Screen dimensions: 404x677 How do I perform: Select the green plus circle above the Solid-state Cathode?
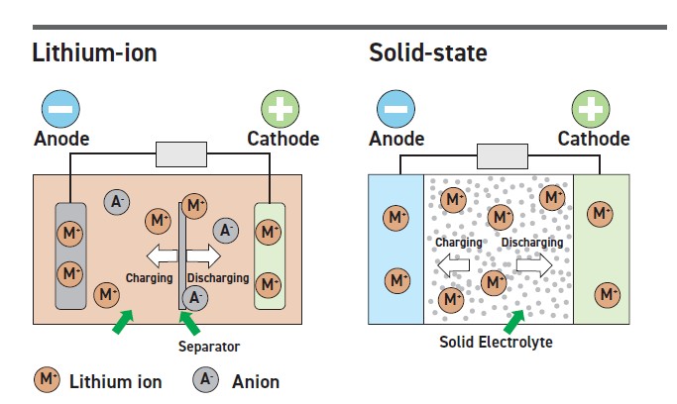click(x=594, y=107)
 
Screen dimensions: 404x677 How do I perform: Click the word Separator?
click(x=208, y=347)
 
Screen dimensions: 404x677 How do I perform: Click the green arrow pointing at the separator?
click(x=188, y=323)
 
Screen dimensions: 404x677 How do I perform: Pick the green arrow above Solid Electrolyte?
click(x=513, y=320)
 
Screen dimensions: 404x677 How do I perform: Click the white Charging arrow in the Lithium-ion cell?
click(x=154, y=254)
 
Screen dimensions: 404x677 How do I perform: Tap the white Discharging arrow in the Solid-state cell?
click(x=533, y=265)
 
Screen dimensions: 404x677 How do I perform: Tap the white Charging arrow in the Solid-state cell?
click(x=454, y=265)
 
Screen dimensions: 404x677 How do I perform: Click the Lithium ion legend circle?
click(x=47, y=379)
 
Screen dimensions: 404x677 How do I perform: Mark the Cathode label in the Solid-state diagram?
click(x=594, y=139)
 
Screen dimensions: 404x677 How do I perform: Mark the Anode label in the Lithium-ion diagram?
click(x=62, y=139)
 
